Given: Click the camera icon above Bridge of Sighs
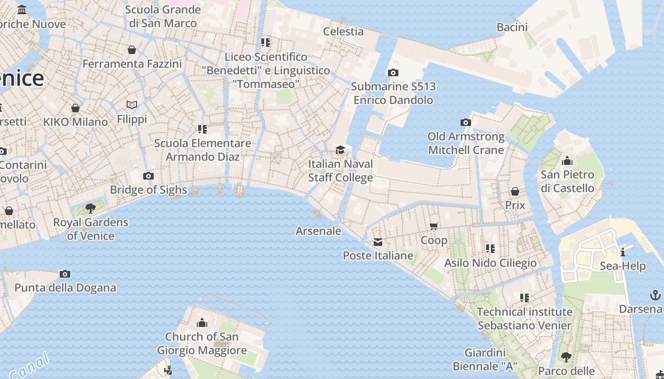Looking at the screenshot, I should pos(148,176).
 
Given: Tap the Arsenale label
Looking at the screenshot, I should pos(318,231).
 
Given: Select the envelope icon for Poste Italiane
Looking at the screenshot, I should pos(378,243).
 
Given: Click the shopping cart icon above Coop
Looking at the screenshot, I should pos(433,226).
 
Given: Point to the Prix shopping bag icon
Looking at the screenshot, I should pos(515,191).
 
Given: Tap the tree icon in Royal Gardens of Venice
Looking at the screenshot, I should pos(90,208).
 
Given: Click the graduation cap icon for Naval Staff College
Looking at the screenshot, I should pos(340,150).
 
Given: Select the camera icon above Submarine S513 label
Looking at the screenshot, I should pos(393,72).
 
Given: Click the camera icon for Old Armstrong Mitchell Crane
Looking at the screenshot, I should pos(465,123).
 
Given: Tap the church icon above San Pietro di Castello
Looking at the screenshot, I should pos(567,161).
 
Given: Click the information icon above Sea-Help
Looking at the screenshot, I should pos(623,252).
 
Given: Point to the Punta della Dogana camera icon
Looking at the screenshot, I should pos(65,274).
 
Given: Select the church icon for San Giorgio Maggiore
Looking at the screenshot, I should pos(202,323).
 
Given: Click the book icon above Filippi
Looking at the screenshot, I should pos(132,105).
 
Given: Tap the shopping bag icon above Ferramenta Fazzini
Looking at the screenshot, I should pos(132,50).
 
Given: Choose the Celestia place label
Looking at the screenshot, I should pos(343,32).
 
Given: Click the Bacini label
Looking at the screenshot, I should pos(512,27).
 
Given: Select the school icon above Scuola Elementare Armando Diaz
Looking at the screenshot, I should pos(203,129).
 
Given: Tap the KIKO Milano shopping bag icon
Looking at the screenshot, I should pos(75,108).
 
